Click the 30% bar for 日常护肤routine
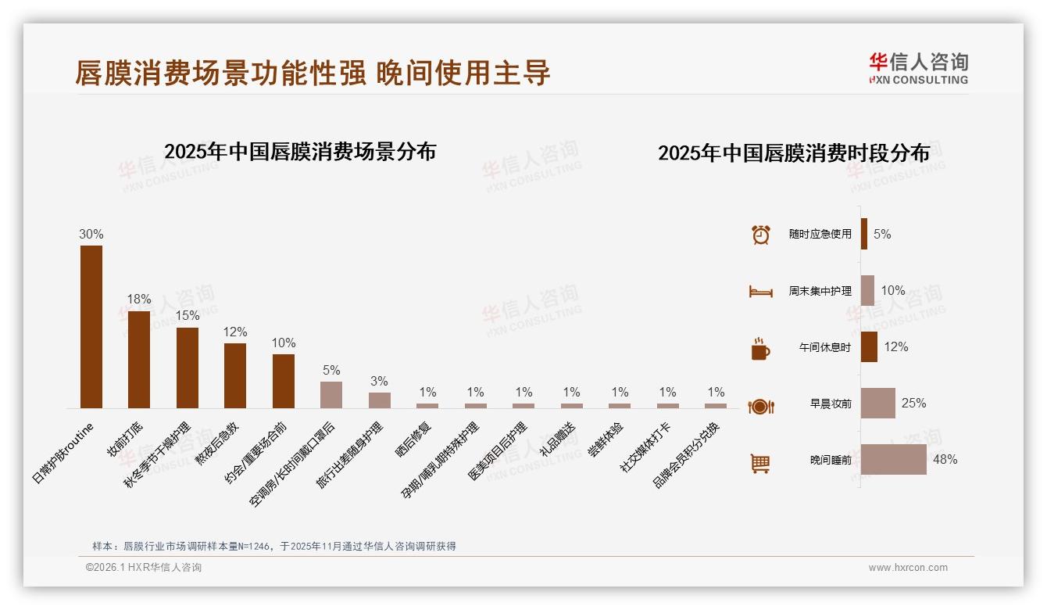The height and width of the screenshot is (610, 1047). (x=91, y=327)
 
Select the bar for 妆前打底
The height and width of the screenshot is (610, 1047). (x=139, y=360)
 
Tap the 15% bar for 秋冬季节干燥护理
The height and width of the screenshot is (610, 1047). (x=188, y=368)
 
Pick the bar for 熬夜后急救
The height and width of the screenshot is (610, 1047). (x=235, y=375)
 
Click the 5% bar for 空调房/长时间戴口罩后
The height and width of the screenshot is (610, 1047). (x=331, y=395)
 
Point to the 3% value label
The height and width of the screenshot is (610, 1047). (x=379, y=382)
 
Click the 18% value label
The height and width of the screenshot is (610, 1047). (x=139, y=300)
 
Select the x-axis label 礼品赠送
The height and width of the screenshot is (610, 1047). (x=558, y=440)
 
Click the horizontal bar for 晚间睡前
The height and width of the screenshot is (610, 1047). (x=893, y=460)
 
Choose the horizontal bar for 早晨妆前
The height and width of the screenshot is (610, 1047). (x=877, y=404)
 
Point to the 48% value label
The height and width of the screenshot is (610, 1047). (x=945, y=460)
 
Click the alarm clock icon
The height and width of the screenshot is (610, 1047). (x=760, y=235)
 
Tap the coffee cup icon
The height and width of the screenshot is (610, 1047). (x=760, y=349)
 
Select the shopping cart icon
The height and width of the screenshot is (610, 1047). (x=760, y=463)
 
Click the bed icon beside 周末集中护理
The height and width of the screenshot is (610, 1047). (x=760, y=292)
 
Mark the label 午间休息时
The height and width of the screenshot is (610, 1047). (x=825, y=347)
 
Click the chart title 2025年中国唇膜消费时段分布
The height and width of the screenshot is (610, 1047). (x=794, y=153)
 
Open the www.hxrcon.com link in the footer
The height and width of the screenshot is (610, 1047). (x=908, y=568)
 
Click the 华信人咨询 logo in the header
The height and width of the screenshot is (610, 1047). (x=918, y=68)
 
